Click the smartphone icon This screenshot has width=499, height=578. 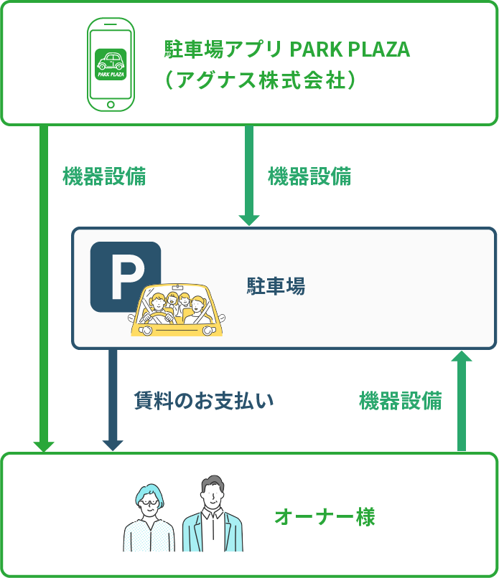point(111,65)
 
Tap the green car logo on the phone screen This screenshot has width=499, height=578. point(111,62)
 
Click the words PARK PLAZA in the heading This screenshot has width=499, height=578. point(349,50)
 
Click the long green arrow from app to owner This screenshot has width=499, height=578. point(44,287)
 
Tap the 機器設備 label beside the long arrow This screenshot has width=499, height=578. point(105,176)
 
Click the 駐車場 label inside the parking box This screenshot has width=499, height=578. point(276,287)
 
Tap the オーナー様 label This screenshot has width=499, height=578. point(325,516)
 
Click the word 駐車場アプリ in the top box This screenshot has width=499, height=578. point(224,50)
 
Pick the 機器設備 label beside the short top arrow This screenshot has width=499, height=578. point(309,176)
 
